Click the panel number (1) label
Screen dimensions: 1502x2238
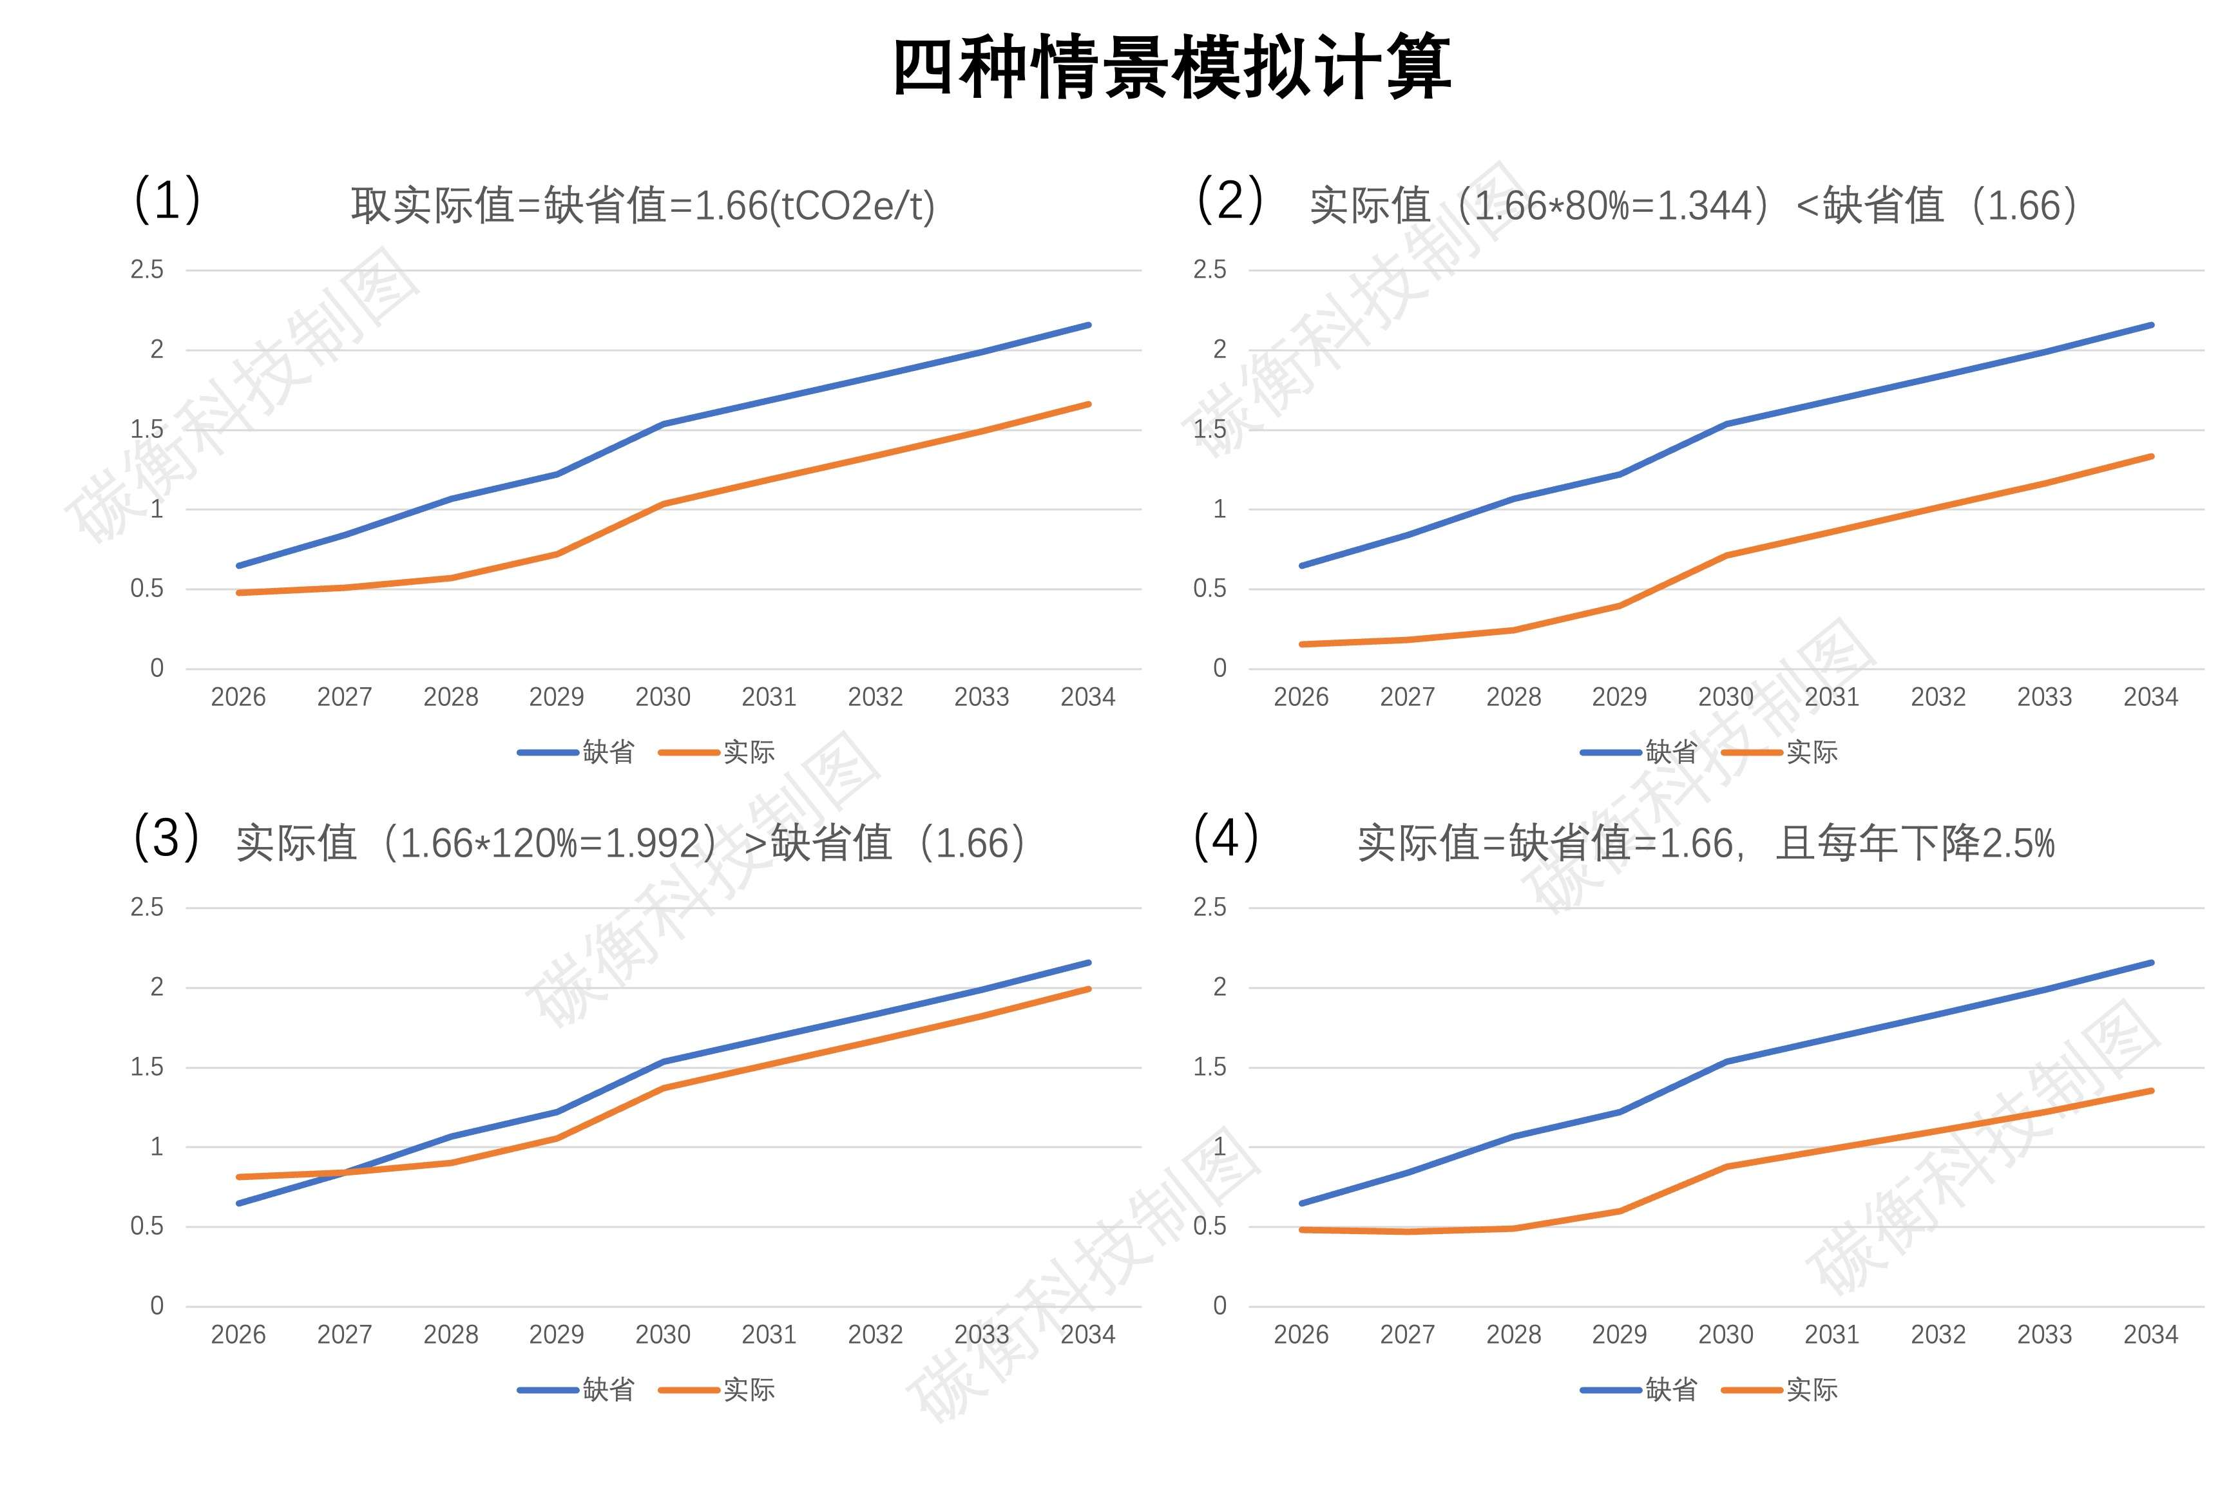[167, 200]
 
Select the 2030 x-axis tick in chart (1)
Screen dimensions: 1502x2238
[662, 698]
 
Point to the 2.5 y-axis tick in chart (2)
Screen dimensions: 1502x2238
[1209, 270]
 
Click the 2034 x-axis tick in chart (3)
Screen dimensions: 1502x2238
[1087, 1335]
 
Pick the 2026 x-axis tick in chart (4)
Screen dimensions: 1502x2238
[1300, 1335]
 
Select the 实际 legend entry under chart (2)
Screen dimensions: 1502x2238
[1811, 752]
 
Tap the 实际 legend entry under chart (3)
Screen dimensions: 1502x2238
[748, 1390]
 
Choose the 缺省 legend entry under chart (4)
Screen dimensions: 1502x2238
[1670, 1390]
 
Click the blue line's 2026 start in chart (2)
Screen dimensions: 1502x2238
[1301, 565]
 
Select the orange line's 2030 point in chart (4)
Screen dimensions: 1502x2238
[1725, 1166]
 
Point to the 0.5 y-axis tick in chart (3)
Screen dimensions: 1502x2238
[147, 1226]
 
